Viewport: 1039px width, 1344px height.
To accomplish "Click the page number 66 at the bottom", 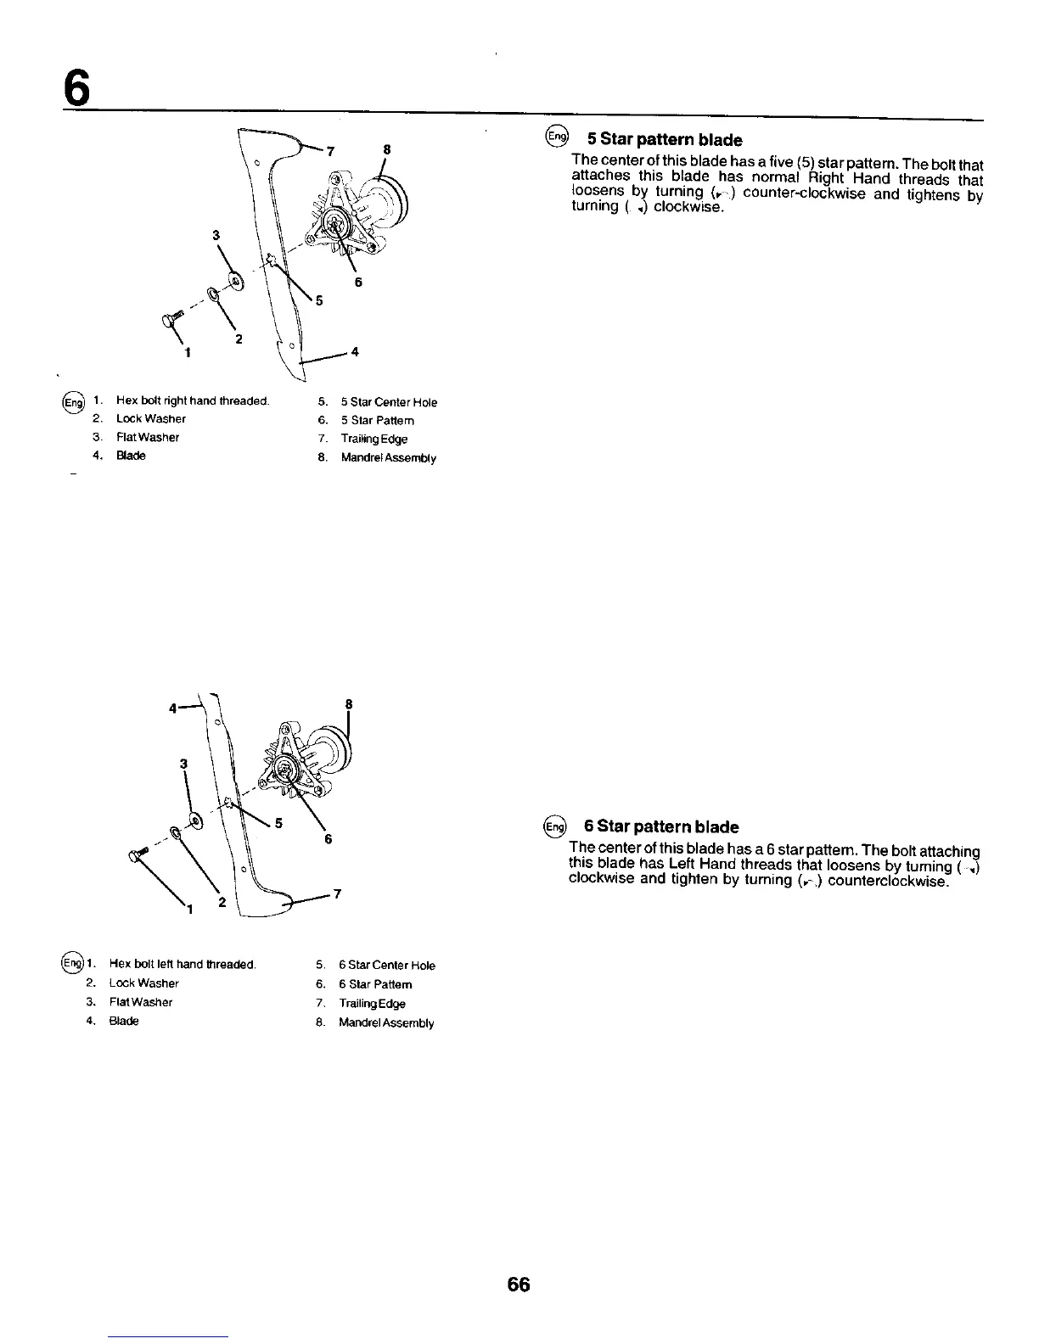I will [x=518, y=1285].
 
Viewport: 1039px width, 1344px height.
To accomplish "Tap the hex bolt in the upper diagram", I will [x=165, y=320].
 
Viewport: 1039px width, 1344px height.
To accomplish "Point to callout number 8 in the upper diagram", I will [x=386, y=149].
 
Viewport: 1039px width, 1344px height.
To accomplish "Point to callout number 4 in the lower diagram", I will [x=173, y=706].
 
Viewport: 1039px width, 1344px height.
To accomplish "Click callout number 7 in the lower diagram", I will [x=337, y=893].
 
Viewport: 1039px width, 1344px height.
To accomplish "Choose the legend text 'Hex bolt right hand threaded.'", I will [x=193, y=401].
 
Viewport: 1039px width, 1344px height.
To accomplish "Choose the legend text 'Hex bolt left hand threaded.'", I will [x=183, y=964].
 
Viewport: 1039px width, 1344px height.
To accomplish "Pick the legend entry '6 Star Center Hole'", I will [x=386, y=965].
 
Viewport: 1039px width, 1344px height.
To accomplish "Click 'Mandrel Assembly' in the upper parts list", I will [x=388, y=458].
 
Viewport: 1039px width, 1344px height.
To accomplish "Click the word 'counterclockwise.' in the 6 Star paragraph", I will [x=886, y=881].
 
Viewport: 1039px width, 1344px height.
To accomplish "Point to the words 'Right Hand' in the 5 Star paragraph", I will [x=844, y=178].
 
